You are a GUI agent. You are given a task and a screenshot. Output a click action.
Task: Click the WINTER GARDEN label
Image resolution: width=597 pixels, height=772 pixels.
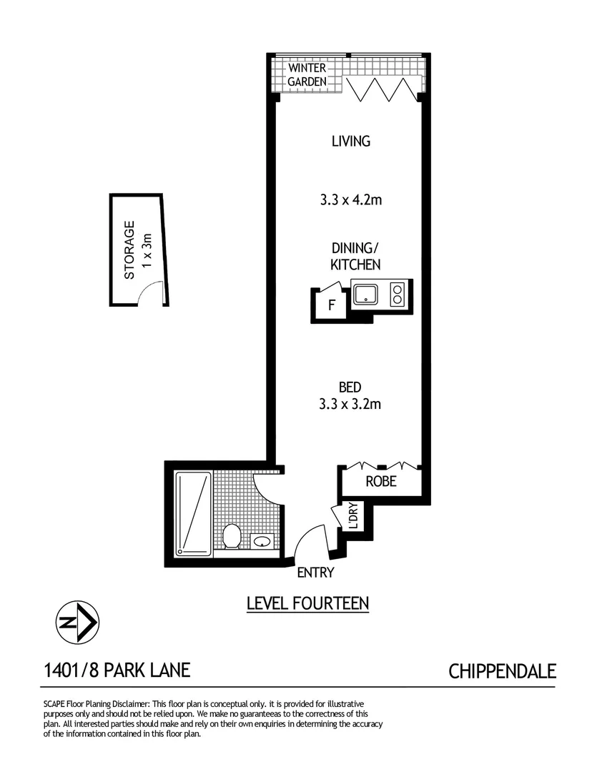[x=307, y=75]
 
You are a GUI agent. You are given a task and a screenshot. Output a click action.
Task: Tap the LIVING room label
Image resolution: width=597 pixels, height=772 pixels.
[x=350, y=141]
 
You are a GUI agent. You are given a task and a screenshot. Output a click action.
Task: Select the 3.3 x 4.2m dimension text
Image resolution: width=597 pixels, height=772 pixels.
[x=350, y=200]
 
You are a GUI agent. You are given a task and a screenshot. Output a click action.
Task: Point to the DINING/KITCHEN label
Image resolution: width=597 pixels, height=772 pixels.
[x=355, y=257]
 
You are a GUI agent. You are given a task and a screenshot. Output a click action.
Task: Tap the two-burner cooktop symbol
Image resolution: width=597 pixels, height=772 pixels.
[x=397, y=294]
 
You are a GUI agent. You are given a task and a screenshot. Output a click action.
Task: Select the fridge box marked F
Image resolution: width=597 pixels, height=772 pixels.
[x=330, y=306]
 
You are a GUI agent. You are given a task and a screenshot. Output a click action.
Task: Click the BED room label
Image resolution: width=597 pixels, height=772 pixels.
[x=349, y=387]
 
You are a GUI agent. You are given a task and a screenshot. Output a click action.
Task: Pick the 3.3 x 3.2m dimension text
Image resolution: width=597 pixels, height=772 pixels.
[x=350, y=405]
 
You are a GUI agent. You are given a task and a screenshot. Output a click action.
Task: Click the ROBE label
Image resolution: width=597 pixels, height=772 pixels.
[x=381, y=482]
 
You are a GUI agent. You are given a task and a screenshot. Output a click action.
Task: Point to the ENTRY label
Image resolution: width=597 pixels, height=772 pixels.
[x=315, y=573]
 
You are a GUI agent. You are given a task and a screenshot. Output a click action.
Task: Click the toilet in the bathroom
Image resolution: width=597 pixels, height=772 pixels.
[x=232, y=535]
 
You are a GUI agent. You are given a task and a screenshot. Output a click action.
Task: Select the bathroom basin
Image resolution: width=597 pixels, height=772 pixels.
[x=262, y=542]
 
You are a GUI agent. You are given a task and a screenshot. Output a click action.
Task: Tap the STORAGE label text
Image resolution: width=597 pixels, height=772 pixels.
[x=129, y=250]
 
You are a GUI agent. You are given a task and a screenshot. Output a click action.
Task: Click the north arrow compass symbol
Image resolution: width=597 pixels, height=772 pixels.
[x=78, y=623]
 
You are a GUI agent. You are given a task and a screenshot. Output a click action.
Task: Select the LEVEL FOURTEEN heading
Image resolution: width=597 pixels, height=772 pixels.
[x=307, y=603]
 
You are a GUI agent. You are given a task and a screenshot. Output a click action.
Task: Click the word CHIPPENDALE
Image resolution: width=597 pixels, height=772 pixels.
[x=502, y=671]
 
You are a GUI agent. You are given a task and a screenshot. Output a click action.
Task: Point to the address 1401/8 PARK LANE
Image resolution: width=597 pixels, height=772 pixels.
[x=117, y=670]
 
